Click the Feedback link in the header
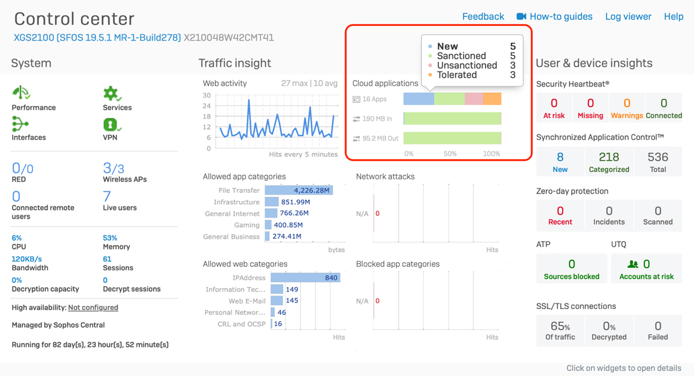point(483,16)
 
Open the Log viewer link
point(628,16)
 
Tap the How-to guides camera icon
point(521,16)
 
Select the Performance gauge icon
point(21,93)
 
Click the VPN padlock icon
point(111,125)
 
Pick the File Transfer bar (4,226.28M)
point(298,190)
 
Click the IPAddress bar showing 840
point(305,278)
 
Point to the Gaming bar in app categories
point(268,225)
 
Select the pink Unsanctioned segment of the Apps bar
point(474,99)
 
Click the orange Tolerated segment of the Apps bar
point(492,99)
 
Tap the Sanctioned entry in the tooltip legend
point(461,56)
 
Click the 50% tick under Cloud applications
point(450,154)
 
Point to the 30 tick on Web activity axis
point(207,95)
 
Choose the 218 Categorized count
point(609,157)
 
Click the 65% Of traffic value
point(560,326)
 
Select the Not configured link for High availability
point(93,307)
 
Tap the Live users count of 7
point(107,196)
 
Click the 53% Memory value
point(110,238)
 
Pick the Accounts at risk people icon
point(633,264)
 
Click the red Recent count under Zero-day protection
point(560,211)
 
